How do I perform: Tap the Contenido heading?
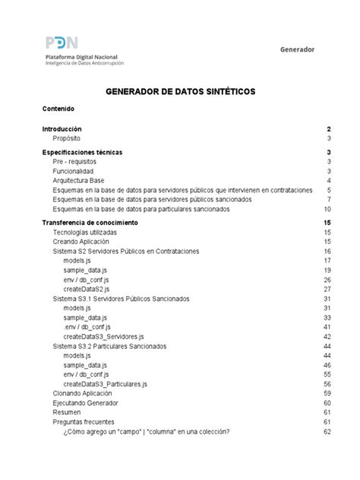coord(58,109)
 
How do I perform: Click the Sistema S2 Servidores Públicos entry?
coord(126,251)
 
